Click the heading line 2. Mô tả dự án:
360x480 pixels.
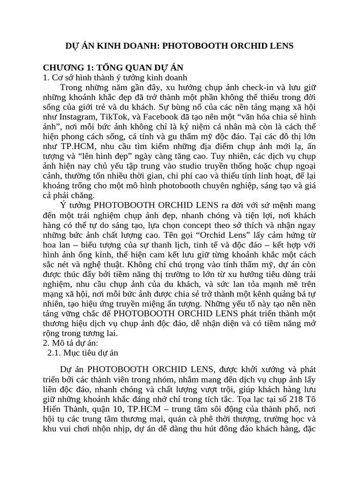75,342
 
